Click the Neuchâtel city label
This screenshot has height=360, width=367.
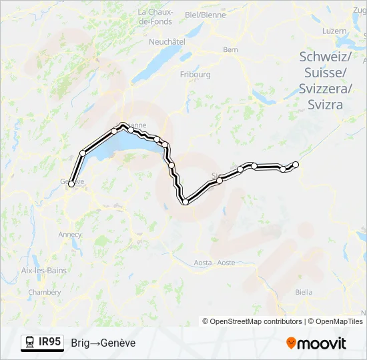[x=167, y=41]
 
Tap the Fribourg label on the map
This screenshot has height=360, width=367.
[x=195, y=75]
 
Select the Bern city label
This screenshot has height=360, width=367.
[x=230, y=49]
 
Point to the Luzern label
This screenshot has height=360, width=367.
[x=334, y=31]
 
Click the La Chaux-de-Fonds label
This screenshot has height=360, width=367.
[x=155, y=17]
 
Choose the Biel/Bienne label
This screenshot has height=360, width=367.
[x=205, y=14]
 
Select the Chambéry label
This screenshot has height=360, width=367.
[x=45, y=292]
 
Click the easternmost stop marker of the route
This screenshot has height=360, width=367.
[x=296, y=164]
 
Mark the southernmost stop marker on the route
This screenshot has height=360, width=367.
[x=185, y=202]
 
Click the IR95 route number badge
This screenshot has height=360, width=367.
[x=49, y=342]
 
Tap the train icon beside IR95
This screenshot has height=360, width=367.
[x=29, y=343]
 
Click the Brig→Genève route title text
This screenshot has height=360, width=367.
[x=103, y=343]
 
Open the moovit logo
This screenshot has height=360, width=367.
[x=316, y=343]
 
